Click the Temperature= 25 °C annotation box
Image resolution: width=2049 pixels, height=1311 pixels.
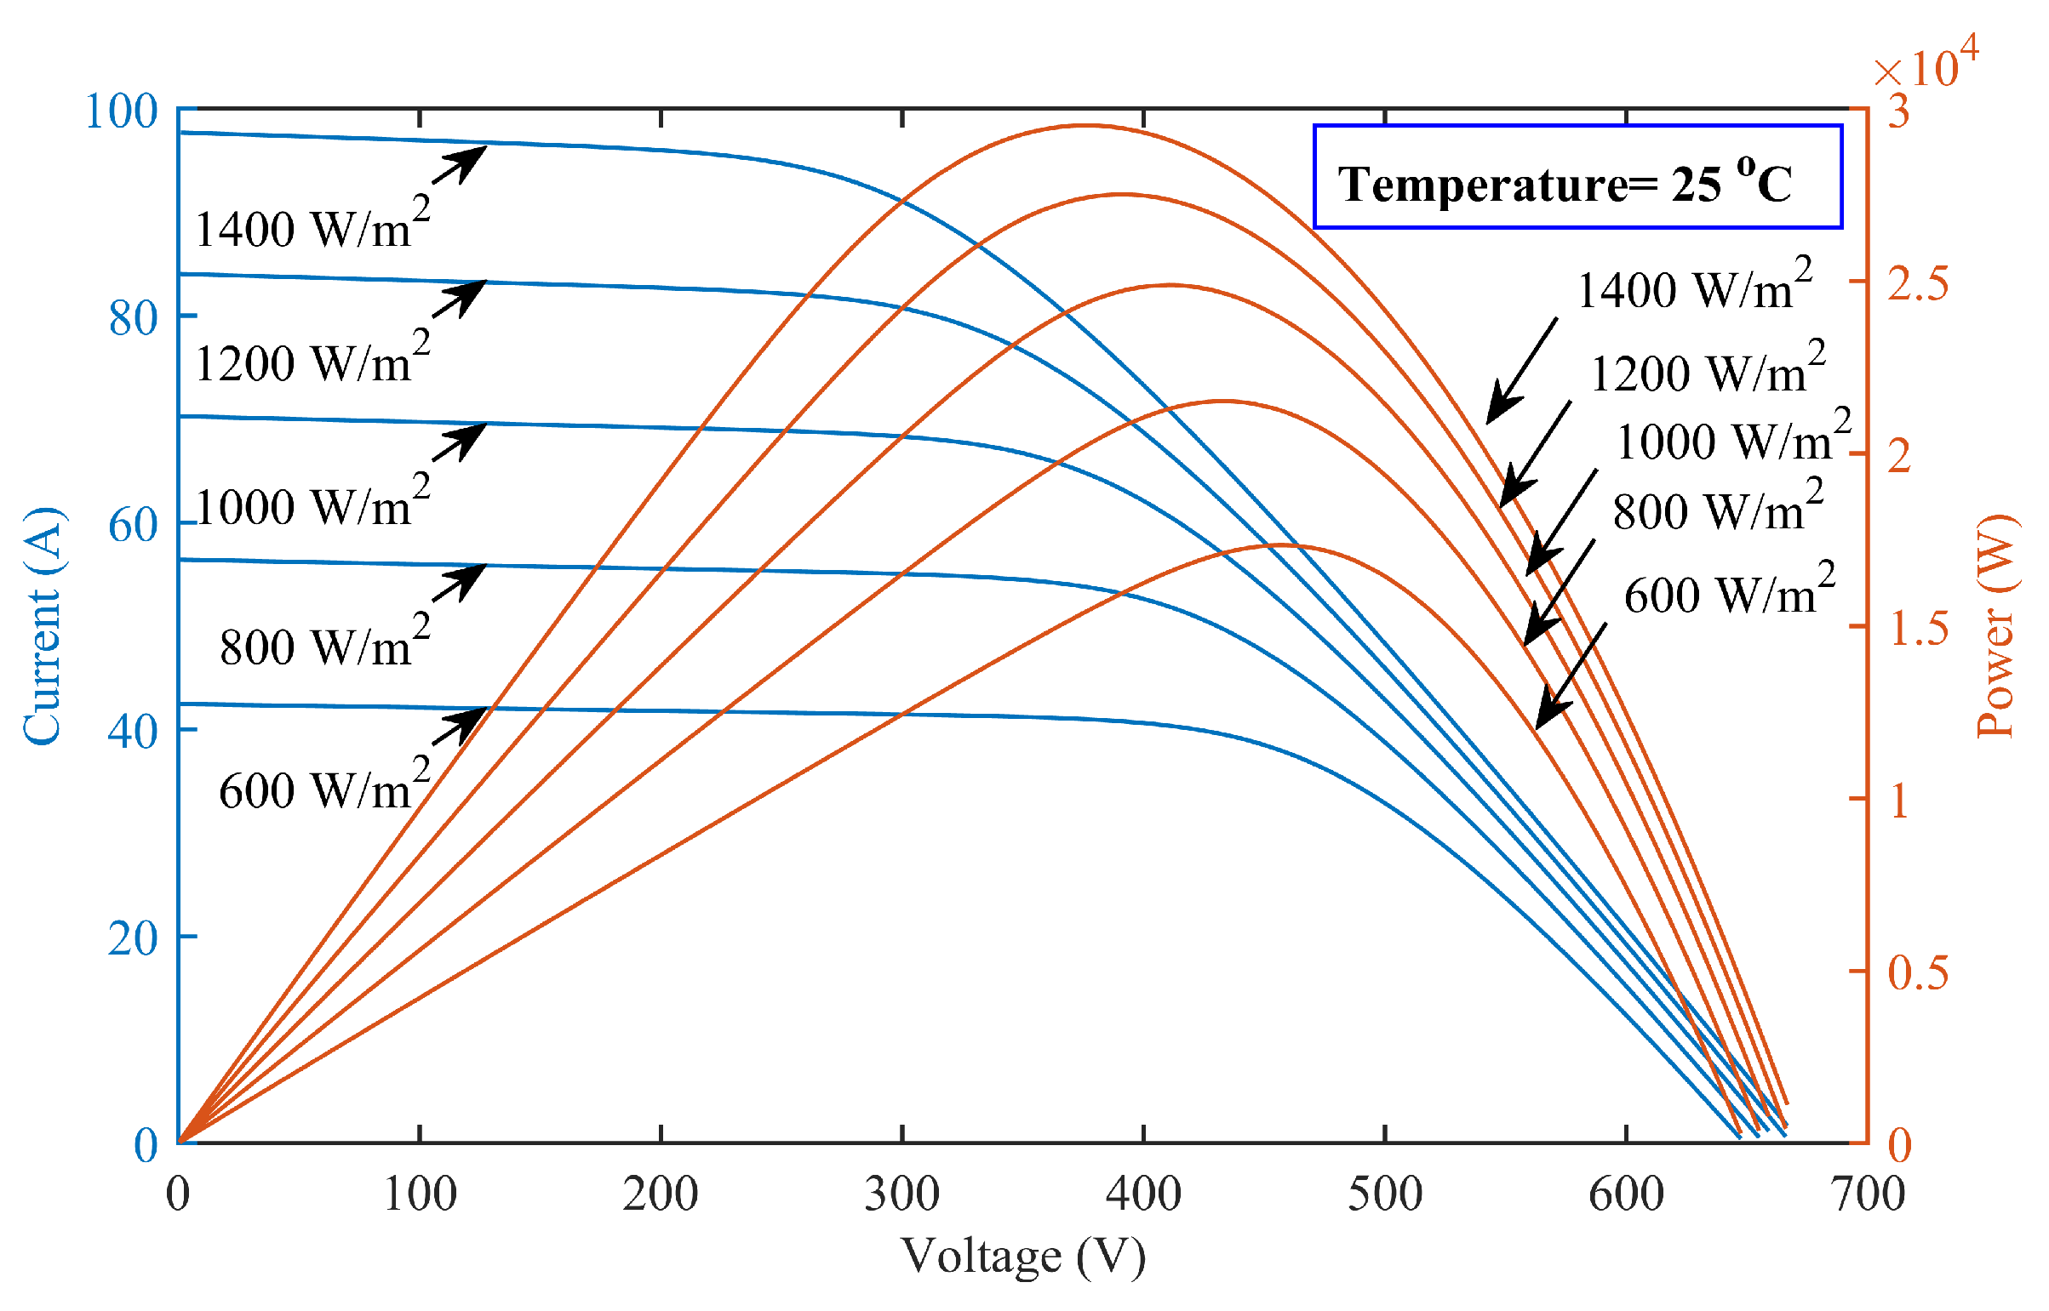tap(1577, 177)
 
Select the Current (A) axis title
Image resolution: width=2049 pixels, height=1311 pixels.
tap(43, 626)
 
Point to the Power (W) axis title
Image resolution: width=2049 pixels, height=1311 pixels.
tap(1996, 626)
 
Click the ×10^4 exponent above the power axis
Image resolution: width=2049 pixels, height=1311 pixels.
tap(1926, 63)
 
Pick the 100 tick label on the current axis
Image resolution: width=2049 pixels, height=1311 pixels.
tap(122, 111)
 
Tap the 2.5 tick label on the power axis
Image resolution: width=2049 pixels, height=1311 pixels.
tap(1917, 283)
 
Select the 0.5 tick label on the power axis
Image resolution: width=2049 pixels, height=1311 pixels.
tap(1917, 972)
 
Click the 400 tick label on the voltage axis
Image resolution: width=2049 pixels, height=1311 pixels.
tap(1143, 1194)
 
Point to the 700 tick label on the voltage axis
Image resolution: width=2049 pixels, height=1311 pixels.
tap(1868, 1194)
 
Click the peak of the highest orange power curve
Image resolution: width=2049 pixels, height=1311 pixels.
tap(1085, 126)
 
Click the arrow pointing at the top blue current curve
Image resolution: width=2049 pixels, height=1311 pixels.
tap(461, 164)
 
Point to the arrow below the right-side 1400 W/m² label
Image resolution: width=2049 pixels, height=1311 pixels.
tap(1522, 371)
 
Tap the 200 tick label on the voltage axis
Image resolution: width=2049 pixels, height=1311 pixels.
tap(660, 1194)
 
